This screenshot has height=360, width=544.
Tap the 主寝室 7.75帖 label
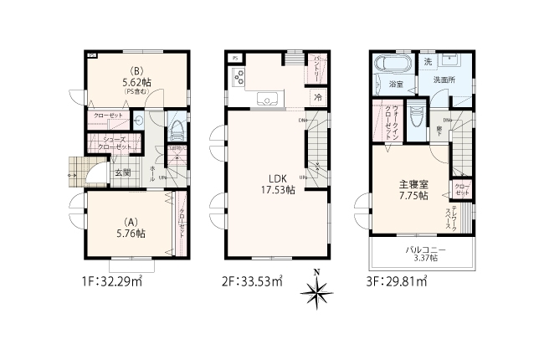tap(413, 188)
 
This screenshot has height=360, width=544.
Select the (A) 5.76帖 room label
tap(130, 228)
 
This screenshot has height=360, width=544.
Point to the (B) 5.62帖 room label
tap(135, 78)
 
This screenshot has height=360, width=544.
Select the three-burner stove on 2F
tap(237, 79)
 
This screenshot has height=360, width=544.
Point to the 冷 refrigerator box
tap(318, 97)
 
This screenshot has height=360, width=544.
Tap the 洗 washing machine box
tap(427, 63)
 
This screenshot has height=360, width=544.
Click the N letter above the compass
tap(316, 272)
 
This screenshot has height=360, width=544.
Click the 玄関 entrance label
tap(122, 172)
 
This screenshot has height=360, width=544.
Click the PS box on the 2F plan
tap(235, 58)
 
